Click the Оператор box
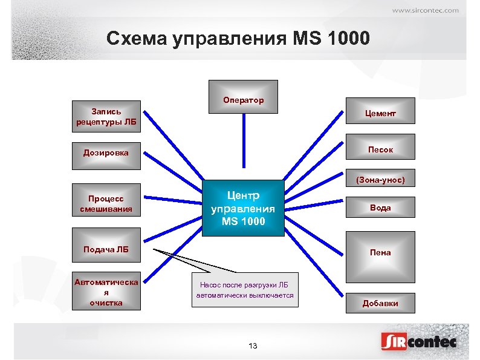pyautogui.click(x=243, y=97)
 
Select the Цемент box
pyautogui.click(x=380, y=114)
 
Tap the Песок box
pyautogui.click(x=380, y=149)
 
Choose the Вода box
pyautogui.click(x=380, y=207)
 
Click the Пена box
pyautogui.click(x=380, y=252)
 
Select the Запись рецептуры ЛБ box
pyautogui.click(x=106, y=117)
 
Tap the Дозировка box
pyautogui.click(x=106, y=152)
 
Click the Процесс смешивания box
pyautogui.click(x=106, y=204)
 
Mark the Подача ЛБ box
pyautogui.click(x=106, y=248)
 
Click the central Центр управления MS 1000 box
pyautogui.click(x=243, y=208)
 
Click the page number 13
pyautogui.click(x=253, y=345)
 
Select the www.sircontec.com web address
pyautogui.click(x=425, y=10)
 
